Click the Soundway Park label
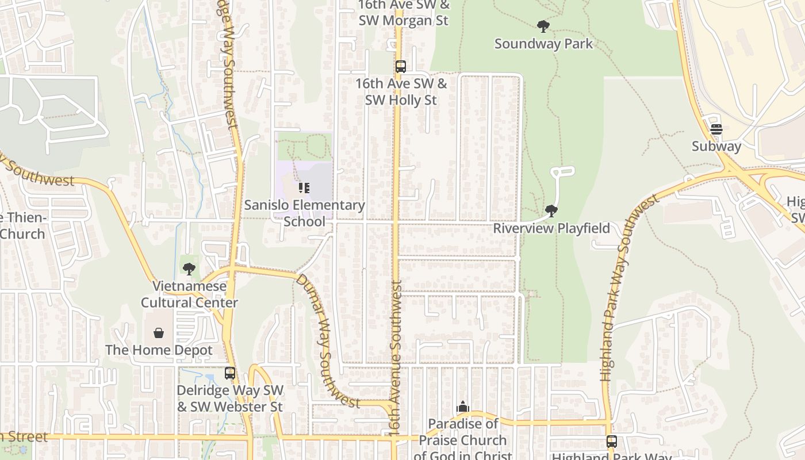click(x=543, y=44)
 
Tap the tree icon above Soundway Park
click(x=543, y=26)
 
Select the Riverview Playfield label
click(x=551, y=228)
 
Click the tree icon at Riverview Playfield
click(x=551, y=211)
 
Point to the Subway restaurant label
click(x=716, y=146)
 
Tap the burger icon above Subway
click(x=716, y=129)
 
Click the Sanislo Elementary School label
click(x=304, y=213)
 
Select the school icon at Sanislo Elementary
click(x=304, y=188)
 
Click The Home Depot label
click(x=159, y=350)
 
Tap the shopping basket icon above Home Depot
click(x=159, y=333)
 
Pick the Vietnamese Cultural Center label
click(x=189, y=294)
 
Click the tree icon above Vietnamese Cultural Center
click(x=189, y=269)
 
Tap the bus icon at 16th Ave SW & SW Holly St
click(x=401, y=67)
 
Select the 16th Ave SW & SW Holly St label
click(x=401, y=91)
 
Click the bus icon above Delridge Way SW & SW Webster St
click(x=230, y=373)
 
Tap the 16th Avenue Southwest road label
click(x=396, y=356)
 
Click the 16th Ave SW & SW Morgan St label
click(x=403, y=13)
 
